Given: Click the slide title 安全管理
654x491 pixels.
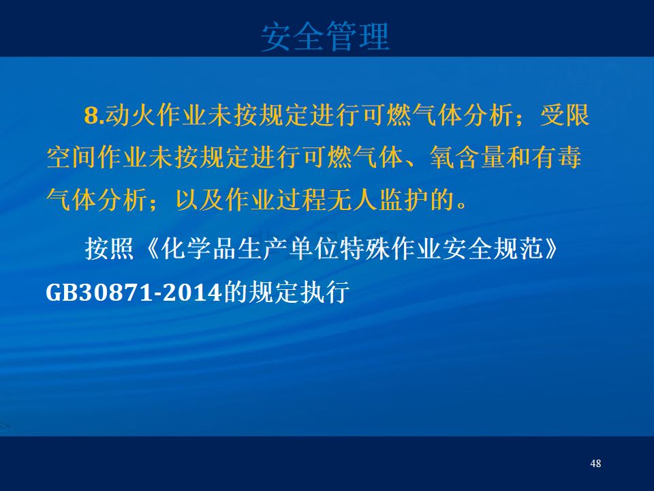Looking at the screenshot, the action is [x=326, y=37].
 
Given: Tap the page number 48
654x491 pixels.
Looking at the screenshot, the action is [x=595, y=463].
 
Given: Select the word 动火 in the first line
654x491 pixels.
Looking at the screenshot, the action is [x=130, y=115].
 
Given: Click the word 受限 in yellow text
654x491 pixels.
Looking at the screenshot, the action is [x=565, y=115].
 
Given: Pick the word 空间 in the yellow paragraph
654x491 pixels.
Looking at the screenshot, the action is [x=72, y=157].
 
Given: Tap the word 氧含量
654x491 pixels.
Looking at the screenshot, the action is [x=467, y=157].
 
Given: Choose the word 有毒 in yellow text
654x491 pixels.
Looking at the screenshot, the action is [x=557, y=157].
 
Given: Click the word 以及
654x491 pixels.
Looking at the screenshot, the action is [x=200, y=199].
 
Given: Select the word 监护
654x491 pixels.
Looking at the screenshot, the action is [x=404, y=199].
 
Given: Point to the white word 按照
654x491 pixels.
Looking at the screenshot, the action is [x=109, y=249].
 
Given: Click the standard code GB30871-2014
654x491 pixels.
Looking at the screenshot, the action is [x=133, y=293].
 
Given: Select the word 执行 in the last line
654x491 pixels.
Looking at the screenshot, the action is [x=325, y=292].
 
